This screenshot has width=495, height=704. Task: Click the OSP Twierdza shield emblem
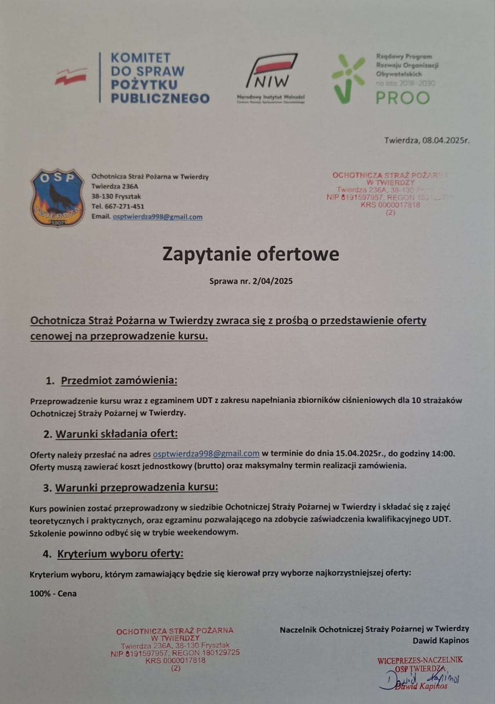pos(57,198)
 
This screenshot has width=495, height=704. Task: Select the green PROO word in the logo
pos(403,98)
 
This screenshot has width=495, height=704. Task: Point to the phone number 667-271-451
pos(124,206)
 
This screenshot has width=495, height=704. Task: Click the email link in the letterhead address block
pos(157,216)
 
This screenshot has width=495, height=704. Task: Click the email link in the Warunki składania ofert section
pos(206,453)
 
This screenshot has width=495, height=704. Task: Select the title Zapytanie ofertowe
pos(251,254)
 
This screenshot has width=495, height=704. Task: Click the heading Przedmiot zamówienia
pos(119,381)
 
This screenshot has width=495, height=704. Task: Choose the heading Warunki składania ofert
pos(116,434)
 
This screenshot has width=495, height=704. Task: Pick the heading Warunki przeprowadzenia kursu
pos(136,488)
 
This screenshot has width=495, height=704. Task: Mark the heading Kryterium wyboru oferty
pos(120,554)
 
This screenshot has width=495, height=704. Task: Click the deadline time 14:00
pos(444,453)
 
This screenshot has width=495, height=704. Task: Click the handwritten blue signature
pos(422,680)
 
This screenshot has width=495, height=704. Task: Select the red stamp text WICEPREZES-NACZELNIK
pos(420,660)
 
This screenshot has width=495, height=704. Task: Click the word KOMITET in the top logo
pos(141,58)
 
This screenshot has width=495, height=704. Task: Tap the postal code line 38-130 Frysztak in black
pos(116,196)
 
